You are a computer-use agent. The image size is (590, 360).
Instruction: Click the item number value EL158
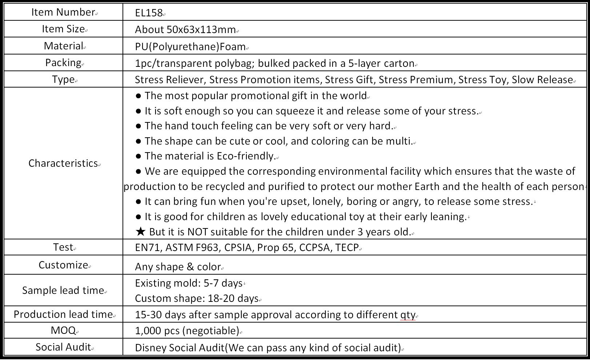[x=149, y=13]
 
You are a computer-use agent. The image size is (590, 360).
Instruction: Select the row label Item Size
[x=63, y=29]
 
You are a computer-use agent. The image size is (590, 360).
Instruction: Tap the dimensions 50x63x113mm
[x=201, y=30]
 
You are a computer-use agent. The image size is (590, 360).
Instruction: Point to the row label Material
[x=63, y=46]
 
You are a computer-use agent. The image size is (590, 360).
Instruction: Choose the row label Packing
[x=63, y=63]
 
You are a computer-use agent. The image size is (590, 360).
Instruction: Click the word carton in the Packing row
[x=399, y=64]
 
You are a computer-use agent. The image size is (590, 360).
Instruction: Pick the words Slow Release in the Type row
[x=542, y=80]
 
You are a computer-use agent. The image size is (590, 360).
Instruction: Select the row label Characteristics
[x=63, y=163]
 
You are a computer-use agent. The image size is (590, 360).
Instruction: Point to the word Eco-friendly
[x=245, y=156]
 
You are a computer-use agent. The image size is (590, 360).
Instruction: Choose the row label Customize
[x=63, y=265]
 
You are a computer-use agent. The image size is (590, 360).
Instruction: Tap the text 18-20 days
[x=233, y=299]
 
